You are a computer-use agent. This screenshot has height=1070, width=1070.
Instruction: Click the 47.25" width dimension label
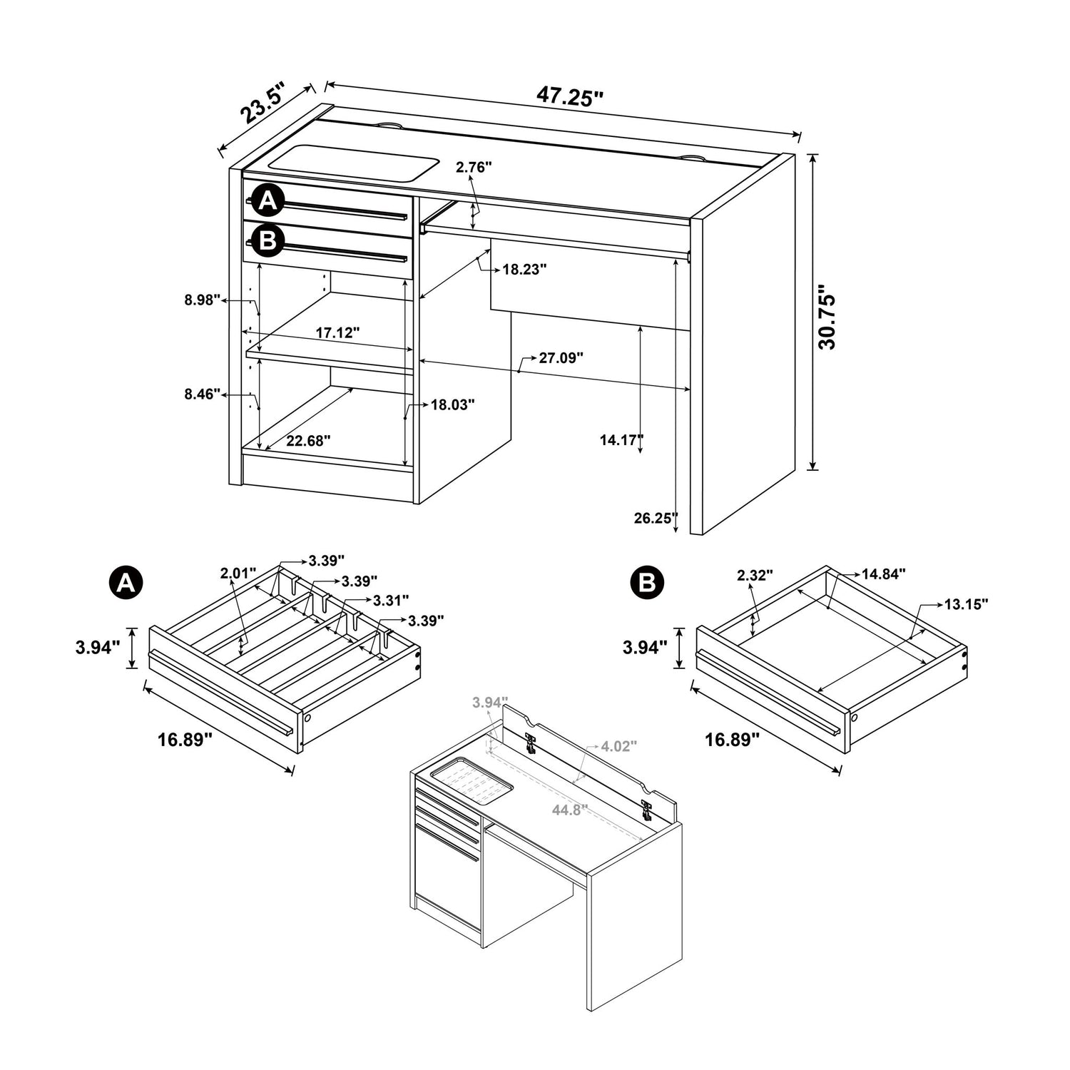570,96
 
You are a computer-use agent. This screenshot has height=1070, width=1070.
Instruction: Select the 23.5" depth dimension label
262,104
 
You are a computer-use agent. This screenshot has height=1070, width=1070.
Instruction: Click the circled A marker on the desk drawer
267,200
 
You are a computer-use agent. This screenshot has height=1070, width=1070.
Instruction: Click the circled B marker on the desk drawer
267,240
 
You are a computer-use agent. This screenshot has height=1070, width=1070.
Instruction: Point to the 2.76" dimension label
474,167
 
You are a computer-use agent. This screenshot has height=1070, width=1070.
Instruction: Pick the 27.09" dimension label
561,357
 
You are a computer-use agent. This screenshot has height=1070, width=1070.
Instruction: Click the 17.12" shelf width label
337,332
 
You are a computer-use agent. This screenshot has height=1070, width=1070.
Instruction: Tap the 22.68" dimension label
308,441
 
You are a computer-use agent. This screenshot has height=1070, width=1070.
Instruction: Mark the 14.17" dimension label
621,439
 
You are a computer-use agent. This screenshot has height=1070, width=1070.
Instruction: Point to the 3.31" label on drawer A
391,601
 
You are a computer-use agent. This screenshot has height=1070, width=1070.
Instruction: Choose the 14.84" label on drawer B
883,573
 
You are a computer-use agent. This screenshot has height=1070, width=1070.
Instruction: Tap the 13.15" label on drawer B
966,604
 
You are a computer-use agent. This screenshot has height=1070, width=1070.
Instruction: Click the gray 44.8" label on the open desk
569,810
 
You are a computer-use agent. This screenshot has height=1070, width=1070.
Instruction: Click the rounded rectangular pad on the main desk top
355,164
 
